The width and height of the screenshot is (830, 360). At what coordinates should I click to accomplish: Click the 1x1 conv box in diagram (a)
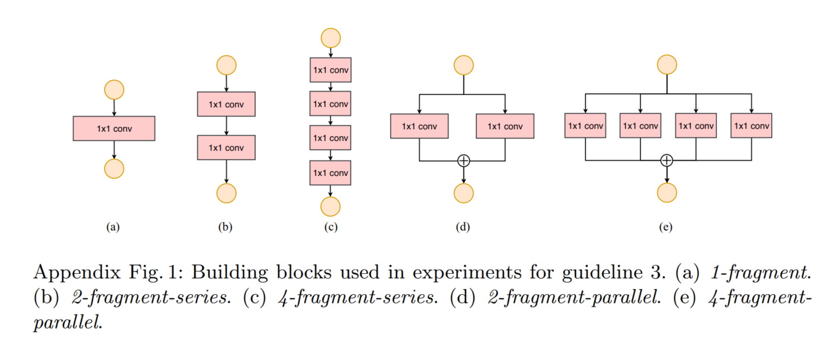coord(114,129)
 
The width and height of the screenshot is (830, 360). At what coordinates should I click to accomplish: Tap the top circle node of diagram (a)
coord(114,90)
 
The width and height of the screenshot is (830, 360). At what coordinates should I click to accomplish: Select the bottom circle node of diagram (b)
coord(226,193)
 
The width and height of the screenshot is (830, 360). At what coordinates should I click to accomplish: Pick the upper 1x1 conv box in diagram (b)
coord(226,104)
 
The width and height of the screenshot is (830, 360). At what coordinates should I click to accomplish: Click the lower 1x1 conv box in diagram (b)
coord(226,147)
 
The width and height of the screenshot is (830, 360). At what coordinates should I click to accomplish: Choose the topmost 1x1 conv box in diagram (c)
coord(331,70)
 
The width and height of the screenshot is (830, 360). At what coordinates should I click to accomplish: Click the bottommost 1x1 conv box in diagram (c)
coord(331,172)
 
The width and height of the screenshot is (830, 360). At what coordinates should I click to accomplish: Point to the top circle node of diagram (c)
coord(331,38)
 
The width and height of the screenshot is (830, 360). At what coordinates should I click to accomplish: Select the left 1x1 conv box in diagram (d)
coord(419,126)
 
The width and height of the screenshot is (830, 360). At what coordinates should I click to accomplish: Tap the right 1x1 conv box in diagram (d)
coord(505,126)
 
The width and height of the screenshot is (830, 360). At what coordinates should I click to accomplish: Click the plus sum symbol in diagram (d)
coord(464,160)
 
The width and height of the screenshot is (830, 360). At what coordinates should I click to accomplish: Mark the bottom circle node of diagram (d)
coord(464,193)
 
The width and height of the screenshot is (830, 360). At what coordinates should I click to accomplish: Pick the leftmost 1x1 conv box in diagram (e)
coord(585,126)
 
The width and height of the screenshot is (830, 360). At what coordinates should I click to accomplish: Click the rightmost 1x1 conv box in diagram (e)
coord(751,126)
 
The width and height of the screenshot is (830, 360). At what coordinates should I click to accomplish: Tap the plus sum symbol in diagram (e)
coord(667,160)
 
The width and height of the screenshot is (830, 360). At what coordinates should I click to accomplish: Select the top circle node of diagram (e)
coord(667,65)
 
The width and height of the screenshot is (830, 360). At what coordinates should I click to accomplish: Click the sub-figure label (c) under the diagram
coord(331,228)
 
